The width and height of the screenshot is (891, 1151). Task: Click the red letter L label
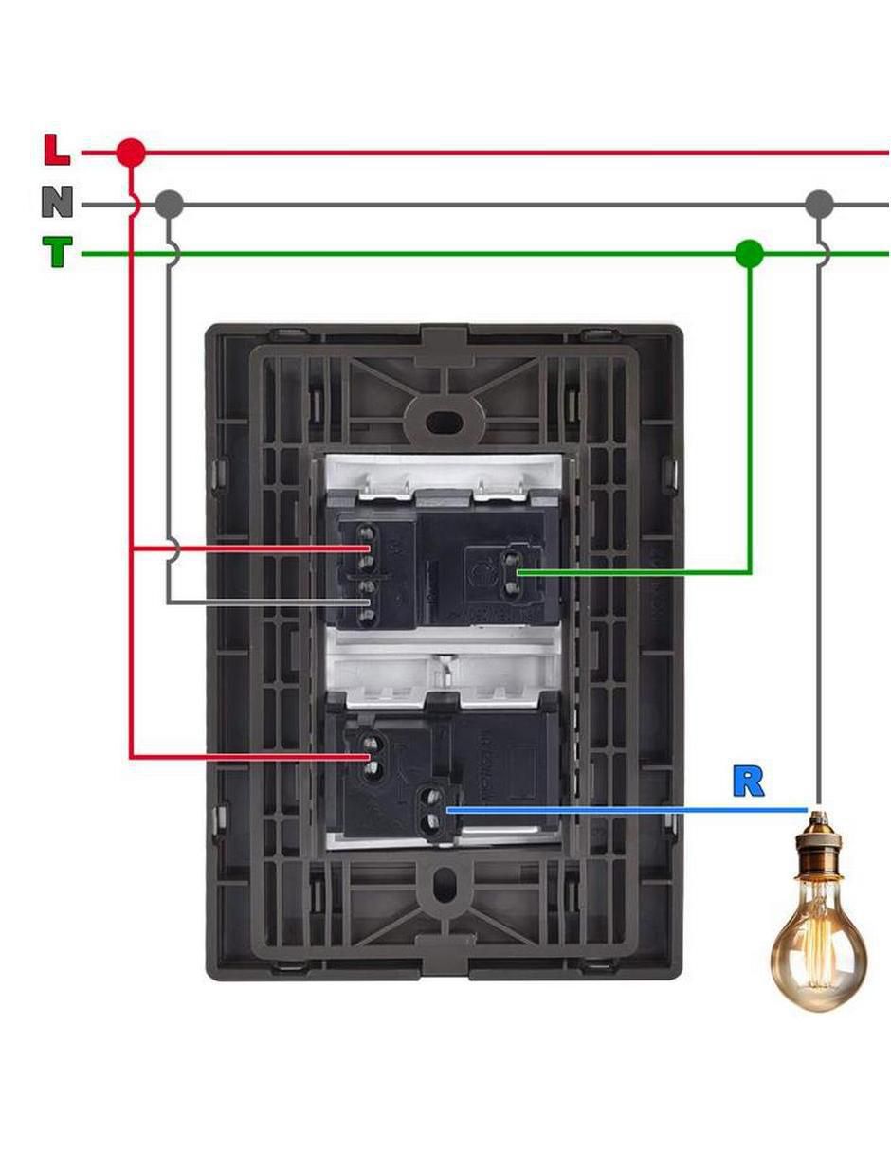[x=57, y=151]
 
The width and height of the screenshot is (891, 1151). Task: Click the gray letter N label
[x=57, y=201]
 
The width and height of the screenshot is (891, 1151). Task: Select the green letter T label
[x=57, y=251]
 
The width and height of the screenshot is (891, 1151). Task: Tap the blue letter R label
[x=748, y=781]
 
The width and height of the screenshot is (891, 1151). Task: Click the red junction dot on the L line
[x=130, y=153]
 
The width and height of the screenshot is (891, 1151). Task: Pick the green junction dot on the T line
[x=750, y=254]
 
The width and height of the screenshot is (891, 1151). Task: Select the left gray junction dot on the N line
[x=169, y=205]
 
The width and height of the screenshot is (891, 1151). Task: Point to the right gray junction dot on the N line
[x=818, y=205]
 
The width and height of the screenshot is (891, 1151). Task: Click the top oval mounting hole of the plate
[x=443, y=422]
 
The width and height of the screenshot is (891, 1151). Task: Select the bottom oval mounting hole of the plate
[x=443, y=884]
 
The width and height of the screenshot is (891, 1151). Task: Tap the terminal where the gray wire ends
[x=366, y=602]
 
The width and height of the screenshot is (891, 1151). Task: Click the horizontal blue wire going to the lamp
[x=627, y=810]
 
